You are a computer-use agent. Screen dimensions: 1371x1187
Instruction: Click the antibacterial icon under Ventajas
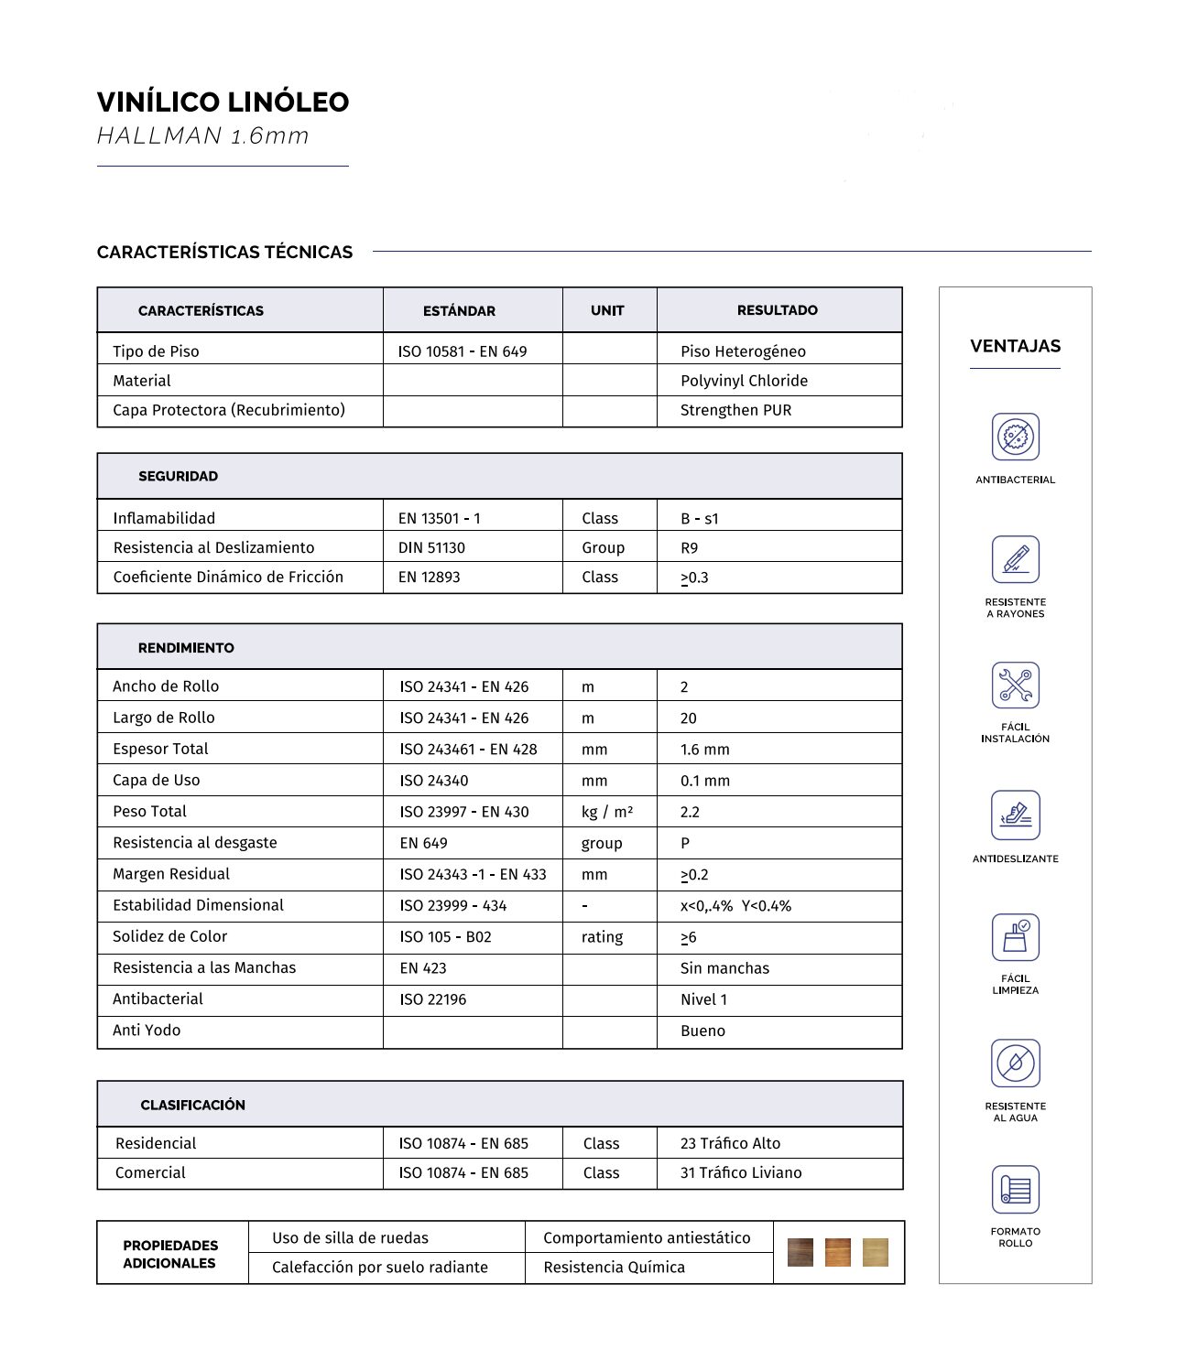[1015, 437]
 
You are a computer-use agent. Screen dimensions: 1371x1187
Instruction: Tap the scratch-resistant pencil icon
[1015, 559]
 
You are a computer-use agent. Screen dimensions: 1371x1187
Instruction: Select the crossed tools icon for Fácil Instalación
[1015, 685]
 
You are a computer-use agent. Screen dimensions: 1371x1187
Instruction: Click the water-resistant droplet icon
[1015, 1063]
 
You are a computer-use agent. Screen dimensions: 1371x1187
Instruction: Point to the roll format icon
[1015, 1190]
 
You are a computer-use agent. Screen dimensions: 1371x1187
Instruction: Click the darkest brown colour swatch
[800, 1252]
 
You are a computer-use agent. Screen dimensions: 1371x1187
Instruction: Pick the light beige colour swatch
[875, 1252]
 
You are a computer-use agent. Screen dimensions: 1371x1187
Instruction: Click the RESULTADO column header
[777, 310]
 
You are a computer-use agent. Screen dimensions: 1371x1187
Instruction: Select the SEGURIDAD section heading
[178, 476]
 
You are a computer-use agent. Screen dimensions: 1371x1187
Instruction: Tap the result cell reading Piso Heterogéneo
[743, 351]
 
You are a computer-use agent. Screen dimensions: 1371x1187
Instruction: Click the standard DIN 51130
[431, 547]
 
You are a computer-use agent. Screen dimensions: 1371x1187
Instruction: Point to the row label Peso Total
[149, 811]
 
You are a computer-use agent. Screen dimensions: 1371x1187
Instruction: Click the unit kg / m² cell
[606, 812]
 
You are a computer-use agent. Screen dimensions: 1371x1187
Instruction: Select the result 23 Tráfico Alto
[730, 1143]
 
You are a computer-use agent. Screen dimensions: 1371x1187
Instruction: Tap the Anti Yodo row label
[147, 1030]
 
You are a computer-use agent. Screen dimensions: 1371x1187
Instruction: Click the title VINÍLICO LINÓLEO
[223, 102]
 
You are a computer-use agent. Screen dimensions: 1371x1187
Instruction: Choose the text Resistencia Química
[614, 1267]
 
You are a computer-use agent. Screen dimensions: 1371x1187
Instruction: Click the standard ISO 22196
[432, 999]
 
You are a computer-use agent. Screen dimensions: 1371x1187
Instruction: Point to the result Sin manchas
[724, 968]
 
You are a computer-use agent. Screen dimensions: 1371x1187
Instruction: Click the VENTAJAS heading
[1015, 346]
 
